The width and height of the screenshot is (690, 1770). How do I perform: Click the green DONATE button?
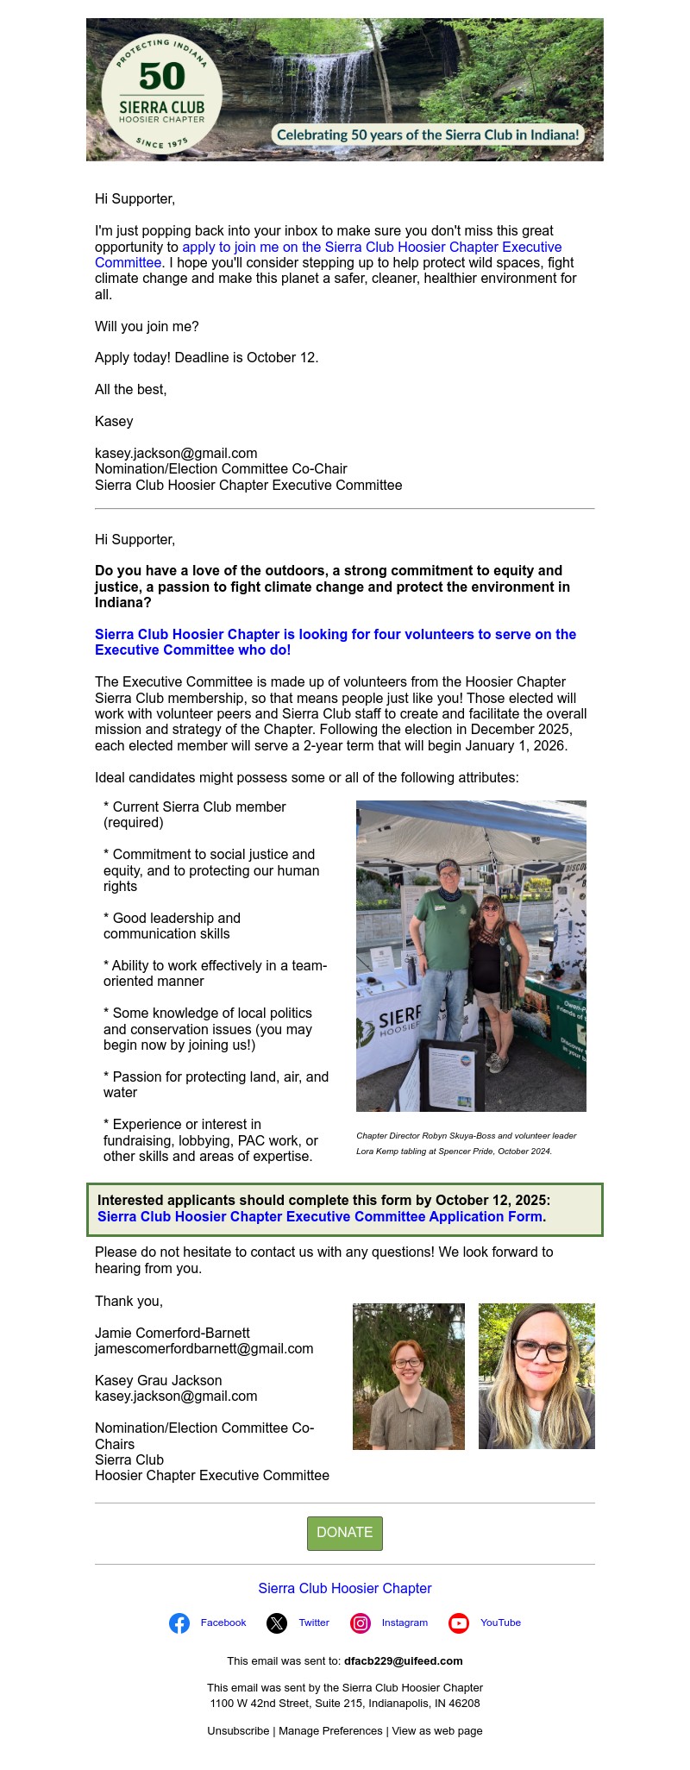pos(344,1533)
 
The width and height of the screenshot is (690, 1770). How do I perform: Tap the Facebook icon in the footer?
pos(179,1623)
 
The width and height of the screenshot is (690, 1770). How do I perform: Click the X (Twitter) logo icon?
pos(277,1623)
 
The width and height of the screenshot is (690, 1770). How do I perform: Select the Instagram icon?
pos(361,1623)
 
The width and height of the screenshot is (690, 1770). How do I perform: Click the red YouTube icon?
pos(459,1623)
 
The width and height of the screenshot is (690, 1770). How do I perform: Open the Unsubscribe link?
pos(238,1731)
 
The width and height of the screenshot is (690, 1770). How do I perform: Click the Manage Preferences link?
pos(330,1731)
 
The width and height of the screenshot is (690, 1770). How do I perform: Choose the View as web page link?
pos(437,1731)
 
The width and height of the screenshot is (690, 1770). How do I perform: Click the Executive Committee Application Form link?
pos(320,1217)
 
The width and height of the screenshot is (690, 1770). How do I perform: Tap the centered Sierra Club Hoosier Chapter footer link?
pos(345,1589)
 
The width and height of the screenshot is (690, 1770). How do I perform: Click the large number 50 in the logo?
pos(161,77)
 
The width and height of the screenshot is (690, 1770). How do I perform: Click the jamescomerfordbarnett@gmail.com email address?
pos(204,1349)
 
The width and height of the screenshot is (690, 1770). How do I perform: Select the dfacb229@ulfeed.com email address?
pos(404,1661)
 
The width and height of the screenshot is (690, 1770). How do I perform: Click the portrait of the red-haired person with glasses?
pos(408,1376)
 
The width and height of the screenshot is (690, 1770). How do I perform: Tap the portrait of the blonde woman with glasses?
pos(536,1376)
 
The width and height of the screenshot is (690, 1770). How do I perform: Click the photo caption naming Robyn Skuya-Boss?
pos(467,1136)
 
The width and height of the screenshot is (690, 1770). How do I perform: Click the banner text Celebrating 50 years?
pos(428,135)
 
